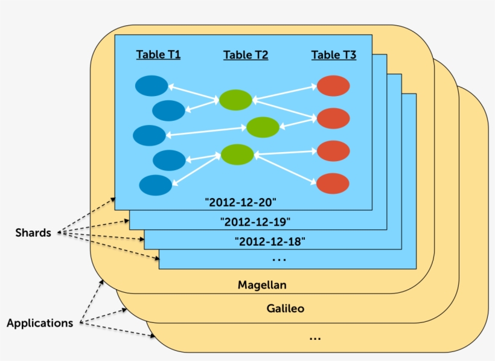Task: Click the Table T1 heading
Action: click(x=158, y=54)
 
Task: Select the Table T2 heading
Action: click(x=246, y=55)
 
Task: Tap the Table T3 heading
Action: click(x=334, y=55)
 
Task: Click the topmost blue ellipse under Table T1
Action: click(x=152, y=86)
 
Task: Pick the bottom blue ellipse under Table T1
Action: click(x=155, y=185)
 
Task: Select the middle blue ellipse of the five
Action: click(x=149, y=135)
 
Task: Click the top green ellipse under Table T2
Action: click(x=235, y=100)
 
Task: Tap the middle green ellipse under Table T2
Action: click(x=263, y=127)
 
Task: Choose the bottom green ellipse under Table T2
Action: click(x=237, y=155)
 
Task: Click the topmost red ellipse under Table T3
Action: click(x=333, y=86)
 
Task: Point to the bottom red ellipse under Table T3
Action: click(x=333, y=183)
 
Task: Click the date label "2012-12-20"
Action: click(x=240, y=202)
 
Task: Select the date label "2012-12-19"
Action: click(x=255, y=222)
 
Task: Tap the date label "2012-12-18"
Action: click(x=270, y=242)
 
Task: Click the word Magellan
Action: click(x=261, y=284)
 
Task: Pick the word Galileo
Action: click(x=285, y=308)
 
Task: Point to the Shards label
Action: click(x=33, y=232)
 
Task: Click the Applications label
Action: click(x=40, y=323)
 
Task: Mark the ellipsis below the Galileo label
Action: click(x=315, y=339)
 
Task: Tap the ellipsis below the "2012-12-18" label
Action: click(x=279, y=260)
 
